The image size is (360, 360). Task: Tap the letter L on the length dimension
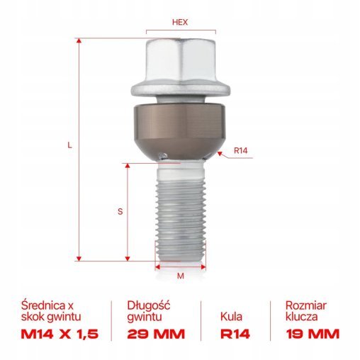pos(69,145)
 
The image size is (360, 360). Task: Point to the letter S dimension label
pos(120,210)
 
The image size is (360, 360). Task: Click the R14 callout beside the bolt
pos(241,150)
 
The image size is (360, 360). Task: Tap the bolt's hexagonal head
pos(179,61)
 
